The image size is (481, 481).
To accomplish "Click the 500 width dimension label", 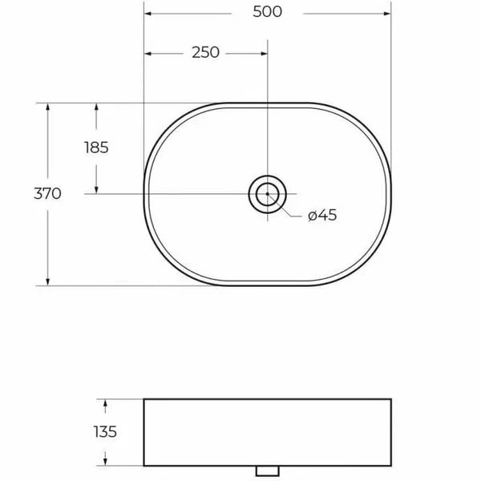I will pyautogui.click(x=267, y=14).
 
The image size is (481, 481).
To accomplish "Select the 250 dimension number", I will pyautogui.click(x=205, y=53).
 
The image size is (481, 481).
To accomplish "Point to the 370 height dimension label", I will pyautogui.click(x=48, y=193).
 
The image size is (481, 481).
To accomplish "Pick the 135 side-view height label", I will pyautogui.click(x=104, y=432).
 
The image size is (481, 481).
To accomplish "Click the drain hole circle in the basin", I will pyautogui.click(x=267, y=193).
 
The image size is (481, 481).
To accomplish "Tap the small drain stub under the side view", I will pyautogui.click(x=267, y=469).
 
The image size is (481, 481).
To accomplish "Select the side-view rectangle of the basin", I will pyautogui.click(x=267, y=432).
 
